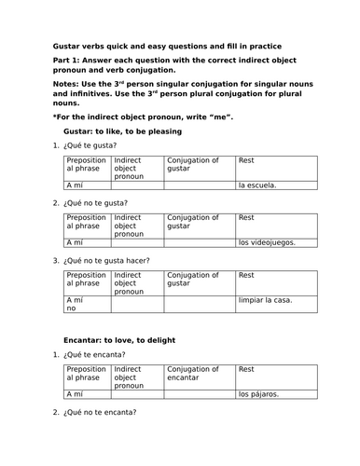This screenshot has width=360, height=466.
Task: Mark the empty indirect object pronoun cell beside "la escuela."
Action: pos(136,185)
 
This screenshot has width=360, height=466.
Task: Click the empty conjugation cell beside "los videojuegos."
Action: pos(200,241)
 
